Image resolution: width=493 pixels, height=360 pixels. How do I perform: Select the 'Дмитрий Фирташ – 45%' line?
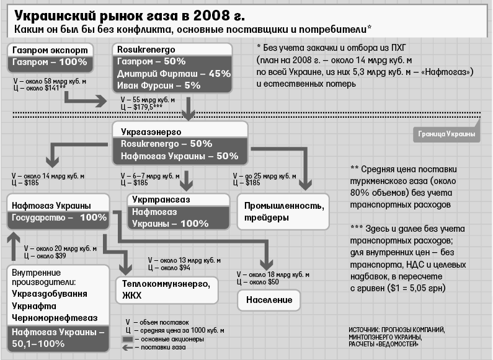173,73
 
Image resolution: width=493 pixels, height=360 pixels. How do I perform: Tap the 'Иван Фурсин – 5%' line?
158,86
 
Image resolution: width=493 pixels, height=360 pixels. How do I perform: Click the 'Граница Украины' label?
446,133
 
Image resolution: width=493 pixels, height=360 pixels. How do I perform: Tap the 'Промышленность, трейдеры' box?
283,211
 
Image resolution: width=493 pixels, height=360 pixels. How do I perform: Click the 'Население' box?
267,300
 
